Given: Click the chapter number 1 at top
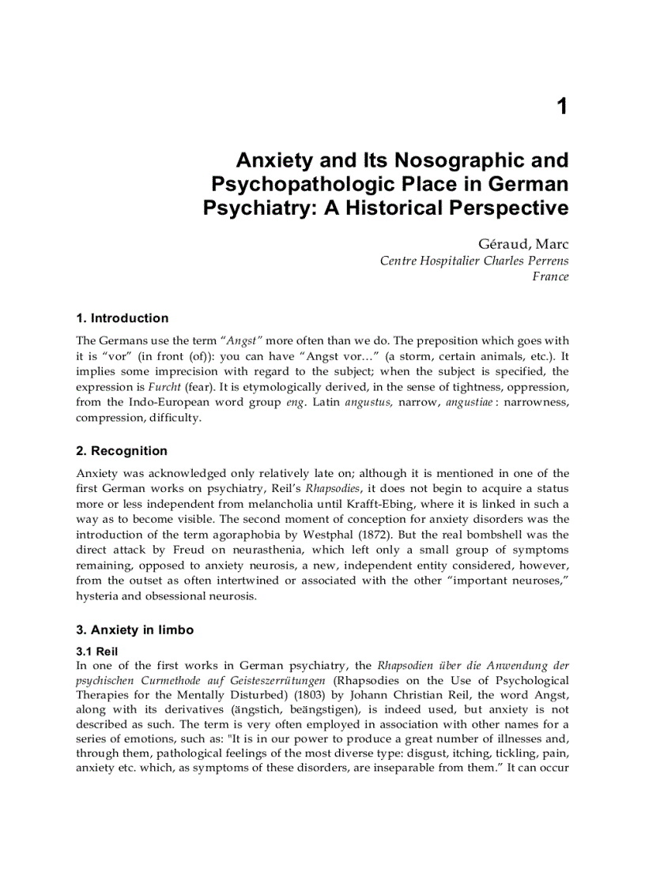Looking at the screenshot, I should [561, 107].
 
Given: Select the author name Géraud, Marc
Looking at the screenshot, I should [523, 245].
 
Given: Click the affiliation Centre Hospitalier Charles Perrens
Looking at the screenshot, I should [473, 261].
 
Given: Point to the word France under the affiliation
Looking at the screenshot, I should [550, 276].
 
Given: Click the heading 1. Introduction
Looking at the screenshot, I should [122, 318].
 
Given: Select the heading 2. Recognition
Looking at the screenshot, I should [122, 451].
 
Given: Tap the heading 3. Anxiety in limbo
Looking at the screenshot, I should [134, 630].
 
